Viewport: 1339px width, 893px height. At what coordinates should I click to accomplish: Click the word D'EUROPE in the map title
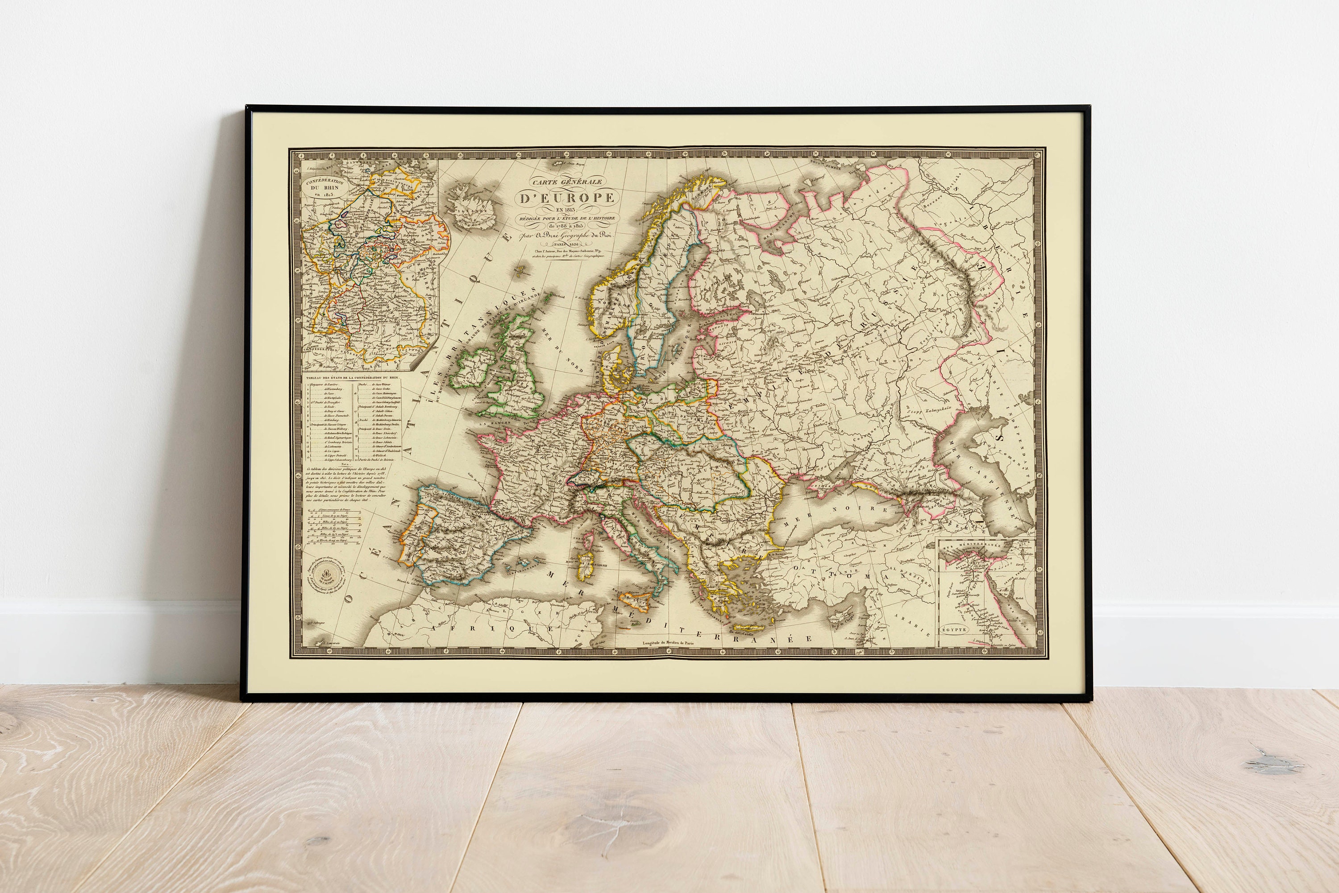[x=566, y=198]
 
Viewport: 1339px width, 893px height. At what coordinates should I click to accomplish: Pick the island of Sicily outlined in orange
[x=635, y=600]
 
